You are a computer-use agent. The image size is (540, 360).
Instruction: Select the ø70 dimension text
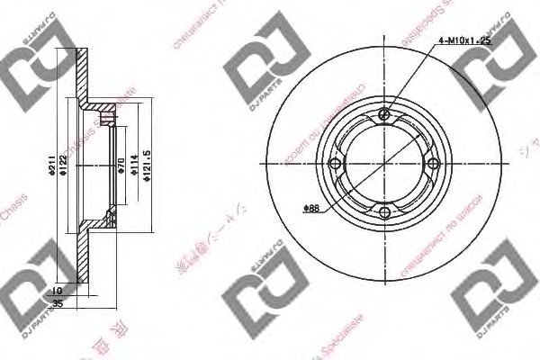(x=121, y=166)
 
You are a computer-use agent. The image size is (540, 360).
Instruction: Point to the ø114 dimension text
(x=132, y=166)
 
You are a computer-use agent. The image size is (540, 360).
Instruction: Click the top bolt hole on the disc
(x=384, y=114)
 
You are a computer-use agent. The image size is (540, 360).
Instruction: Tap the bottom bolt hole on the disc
(x=384, y=212)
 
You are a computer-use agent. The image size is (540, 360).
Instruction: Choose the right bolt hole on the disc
(x=433, y=164)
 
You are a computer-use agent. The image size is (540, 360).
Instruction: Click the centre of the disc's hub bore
(x=384, y=164)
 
